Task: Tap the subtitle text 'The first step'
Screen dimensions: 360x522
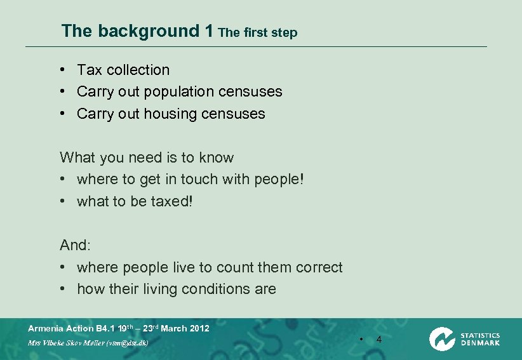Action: tap(257, 32)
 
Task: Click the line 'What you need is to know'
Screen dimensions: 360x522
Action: tap(147, 157)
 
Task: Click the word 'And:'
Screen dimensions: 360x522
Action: tap(76, 245)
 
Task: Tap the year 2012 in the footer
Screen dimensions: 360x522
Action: tap(199, 329)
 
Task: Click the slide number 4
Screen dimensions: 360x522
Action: tap(379, 340)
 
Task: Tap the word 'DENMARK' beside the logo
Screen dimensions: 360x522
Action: tap(480, 343)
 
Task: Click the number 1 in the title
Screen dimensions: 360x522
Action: tap(209, 31)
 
